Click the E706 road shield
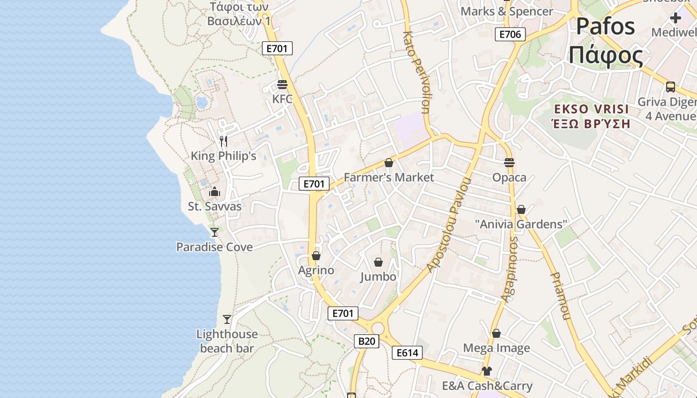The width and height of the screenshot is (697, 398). tap(510, 34)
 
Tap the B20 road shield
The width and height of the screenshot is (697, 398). tap(366, 341)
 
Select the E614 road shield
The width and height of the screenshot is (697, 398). tap(407, 353)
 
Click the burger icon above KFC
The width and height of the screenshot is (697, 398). tap(282, 84)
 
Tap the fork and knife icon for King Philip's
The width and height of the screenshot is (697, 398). tap(224, 141)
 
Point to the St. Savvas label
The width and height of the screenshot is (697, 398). tap(215, 206)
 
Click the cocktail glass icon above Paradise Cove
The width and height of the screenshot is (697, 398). tap(215, 232)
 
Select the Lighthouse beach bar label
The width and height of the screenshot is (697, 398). tap(227, 341)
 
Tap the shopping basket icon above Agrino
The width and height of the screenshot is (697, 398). tap(316, 256)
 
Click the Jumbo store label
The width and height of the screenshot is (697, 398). tap(378, 277)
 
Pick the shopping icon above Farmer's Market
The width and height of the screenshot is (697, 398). tap(389, 163)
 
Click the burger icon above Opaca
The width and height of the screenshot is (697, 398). tap(509, 162)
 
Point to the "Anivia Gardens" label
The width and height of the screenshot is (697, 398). tap(521, 224)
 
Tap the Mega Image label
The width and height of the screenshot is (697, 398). tap(496, 348)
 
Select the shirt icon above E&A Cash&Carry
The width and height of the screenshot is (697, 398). tap(487, 371)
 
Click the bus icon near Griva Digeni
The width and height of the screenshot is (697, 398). tap(671, 87)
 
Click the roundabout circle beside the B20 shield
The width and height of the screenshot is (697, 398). tap(378, 328)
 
